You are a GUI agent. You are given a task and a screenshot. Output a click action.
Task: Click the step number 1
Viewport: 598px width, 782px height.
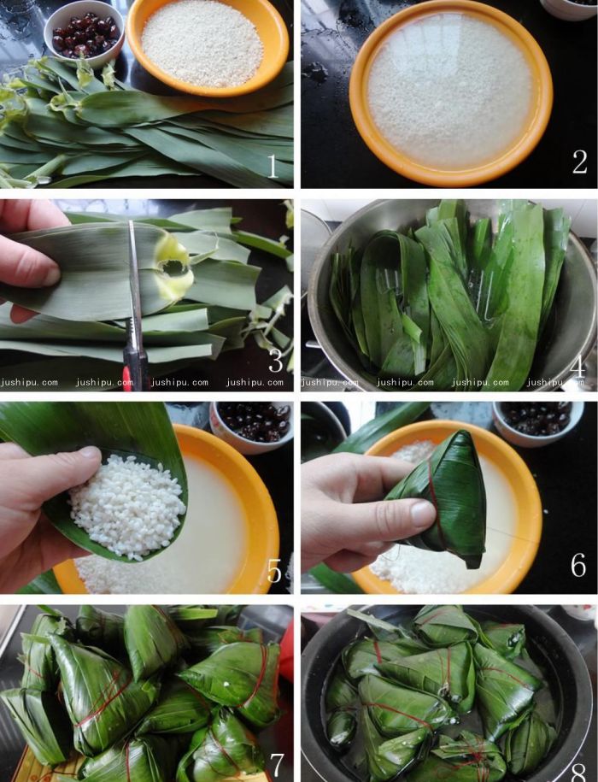(273, 166)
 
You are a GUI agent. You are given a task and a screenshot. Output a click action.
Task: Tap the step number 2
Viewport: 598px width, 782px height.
(579, 162)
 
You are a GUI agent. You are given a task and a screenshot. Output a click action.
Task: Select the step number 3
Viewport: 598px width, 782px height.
(275, 362)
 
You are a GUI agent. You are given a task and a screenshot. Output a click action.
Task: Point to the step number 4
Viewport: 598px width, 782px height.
(577, 366)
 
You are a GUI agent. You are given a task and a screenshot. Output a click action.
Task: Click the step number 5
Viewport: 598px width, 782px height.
(273, 568)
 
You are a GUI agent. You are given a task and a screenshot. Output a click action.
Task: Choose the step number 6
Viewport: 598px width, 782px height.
(578, 565)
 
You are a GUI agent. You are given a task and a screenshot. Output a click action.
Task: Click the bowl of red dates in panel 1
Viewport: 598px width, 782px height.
(83, 34)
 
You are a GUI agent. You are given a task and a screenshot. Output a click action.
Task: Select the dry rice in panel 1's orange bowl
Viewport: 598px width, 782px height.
(202, 42)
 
